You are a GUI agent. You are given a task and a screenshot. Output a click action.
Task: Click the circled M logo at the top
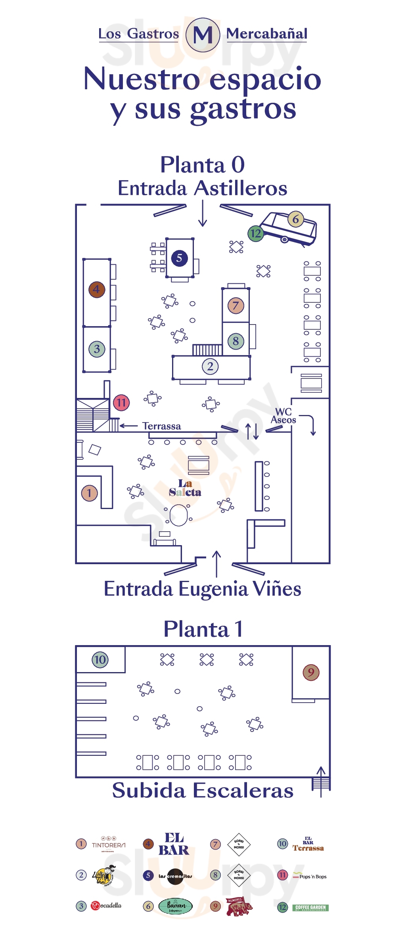point(203,35)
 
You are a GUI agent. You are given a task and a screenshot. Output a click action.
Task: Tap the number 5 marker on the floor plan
point(179,258)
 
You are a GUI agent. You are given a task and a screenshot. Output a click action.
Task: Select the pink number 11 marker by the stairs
point(121,403)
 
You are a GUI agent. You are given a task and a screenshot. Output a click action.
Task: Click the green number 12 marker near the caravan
point(256,233)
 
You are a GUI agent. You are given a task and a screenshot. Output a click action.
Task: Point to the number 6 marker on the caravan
point(295,219)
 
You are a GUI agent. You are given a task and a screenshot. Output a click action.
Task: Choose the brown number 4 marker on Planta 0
point(97,290)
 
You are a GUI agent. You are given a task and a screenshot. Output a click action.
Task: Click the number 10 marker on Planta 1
point(100,660)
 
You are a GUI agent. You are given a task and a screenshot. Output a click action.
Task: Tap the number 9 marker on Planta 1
point(311,672)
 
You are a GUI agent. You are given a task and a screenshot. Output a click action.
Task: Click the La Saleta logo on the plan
point(185,488)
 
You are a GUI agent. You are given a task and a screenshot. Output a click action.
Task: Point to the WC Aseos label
point(283,416)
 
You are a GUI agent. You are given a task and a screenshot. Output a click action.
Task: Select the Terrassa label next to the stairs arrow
point(161,426)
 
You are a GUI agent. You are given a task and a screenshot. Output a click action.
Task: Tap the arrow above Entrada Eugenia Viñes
point(216,563)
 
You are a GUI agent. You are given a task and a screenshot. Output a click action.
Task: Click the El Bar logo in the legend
point(174,844)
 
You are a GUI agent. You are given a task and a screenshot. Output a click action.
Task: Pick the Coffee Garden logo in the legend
point(311,907)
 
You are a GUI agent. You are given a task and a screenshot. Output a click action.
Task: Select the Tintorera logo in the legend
point(108,844)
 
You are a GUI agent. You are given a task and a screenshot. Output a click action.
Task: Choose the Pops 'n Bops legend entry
point(310,876)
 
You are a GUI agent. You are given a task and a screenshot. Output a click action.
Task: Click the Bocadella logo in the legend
point(106,905)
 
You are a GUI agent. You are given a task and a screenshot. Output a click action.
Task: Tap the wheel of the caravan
point(284,240)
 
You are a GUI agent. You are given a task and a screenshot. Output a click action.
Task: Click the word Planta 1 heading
point(203,629)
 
